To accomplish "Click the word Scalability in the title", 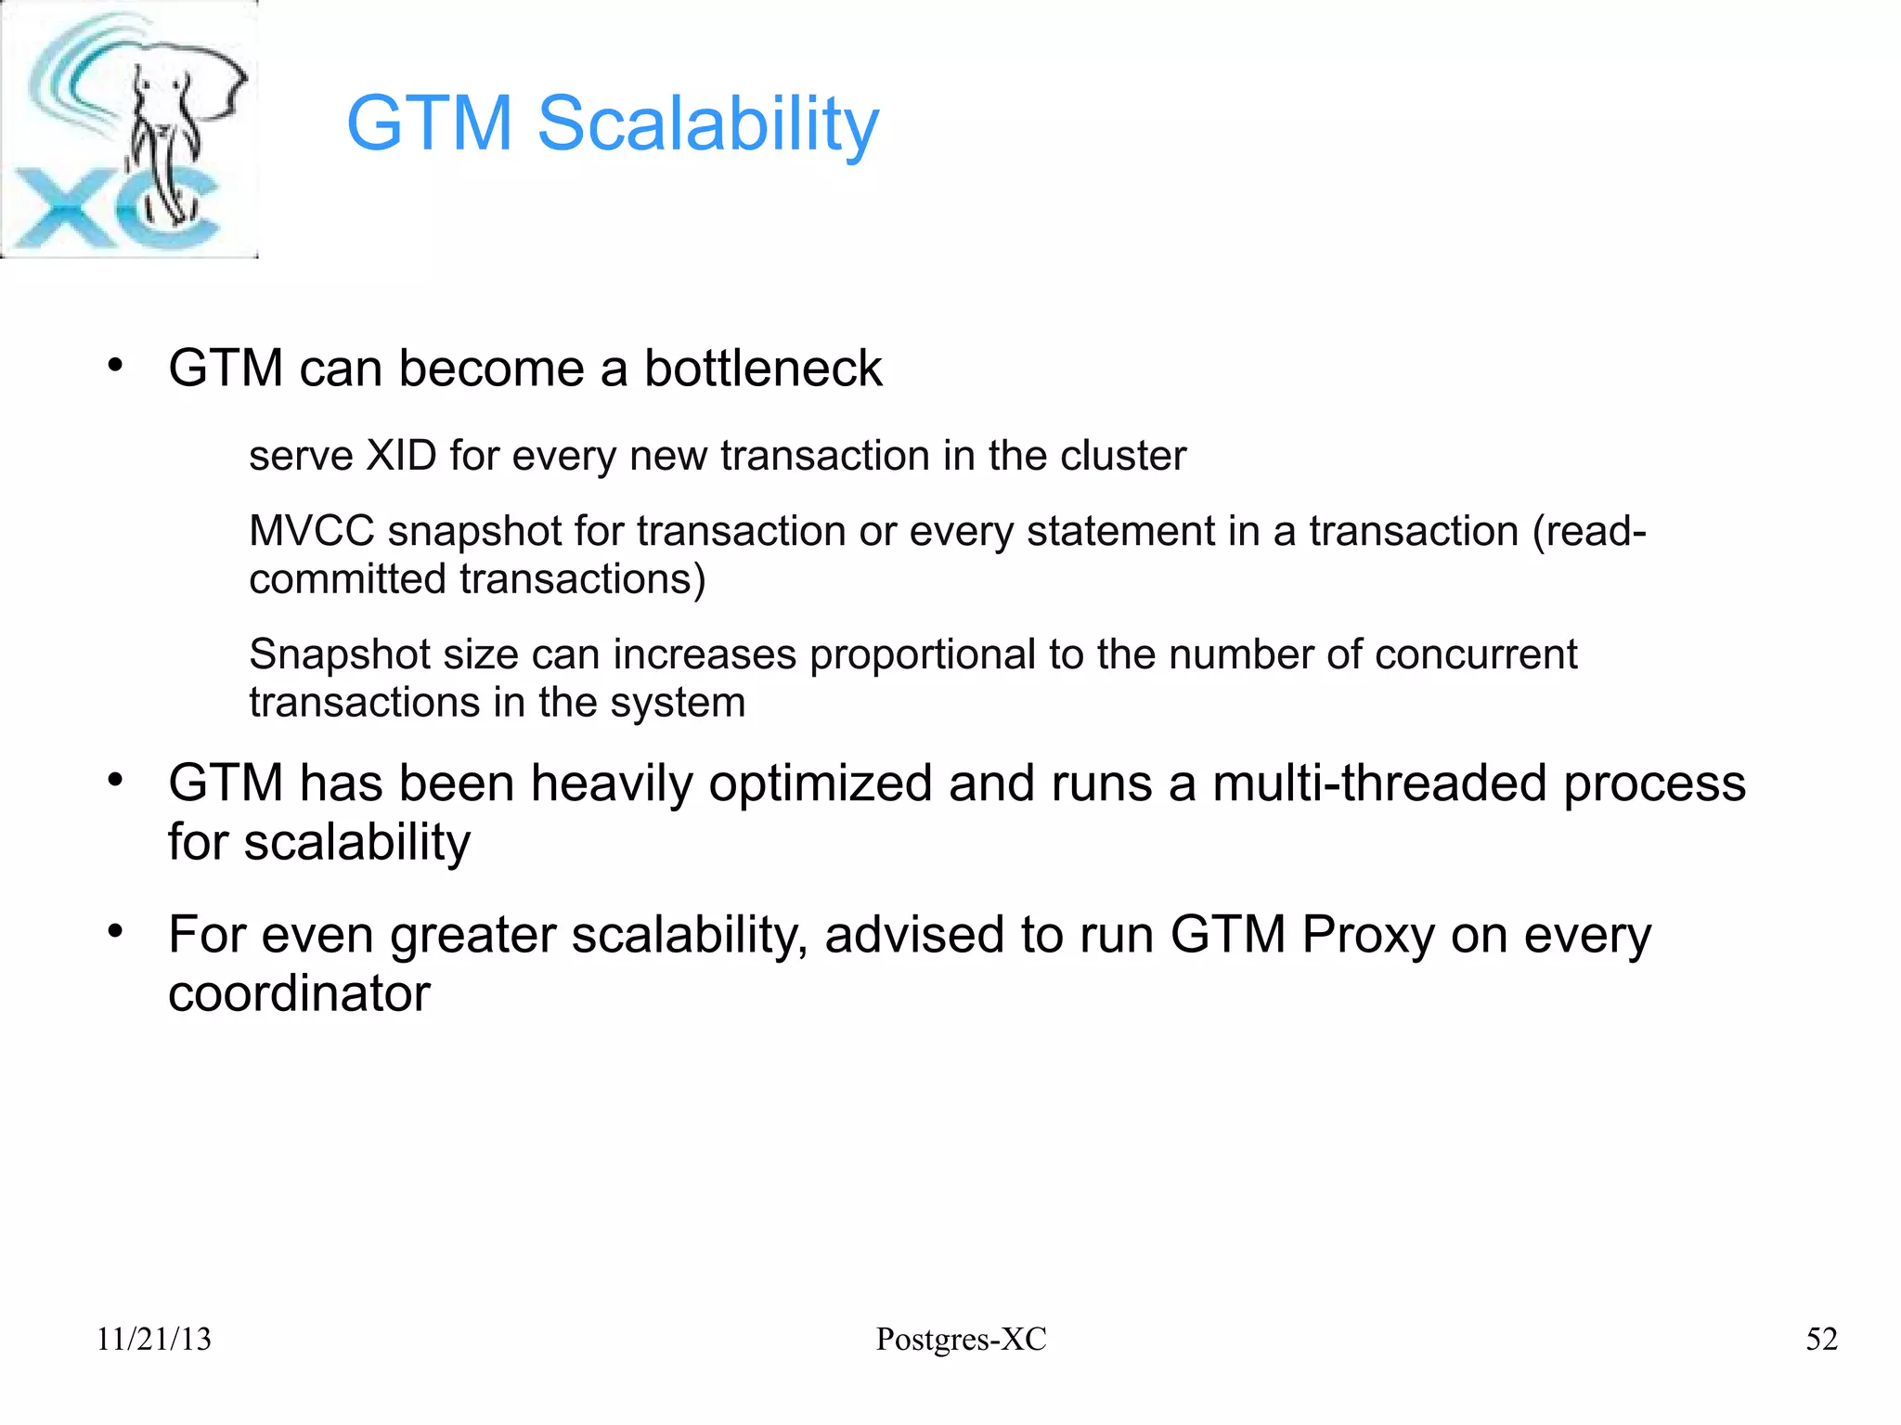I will pos(707,123).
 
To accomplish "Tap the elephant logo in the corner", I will pos(130,129).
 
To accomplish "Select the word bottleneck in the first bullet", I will pos(762,369).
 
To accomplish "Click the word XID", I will pos(401,456).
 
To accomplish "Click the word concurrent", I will pos(1475,654).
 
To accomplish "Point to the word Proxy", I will pos(1367,935).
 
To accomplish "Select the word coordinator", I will pos(299,993).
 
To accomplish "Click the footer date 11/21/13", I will pos(154,1339).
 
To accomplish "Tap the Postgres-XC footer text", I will pos(961,1339).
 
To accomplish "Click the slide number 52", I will pos(1821,1339).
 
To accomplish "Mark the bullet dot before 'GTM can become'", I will pos(115,366).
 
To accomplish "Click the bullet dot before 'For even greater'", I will pos(115,931).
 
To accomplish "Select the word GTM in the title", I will pos(430,123).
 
